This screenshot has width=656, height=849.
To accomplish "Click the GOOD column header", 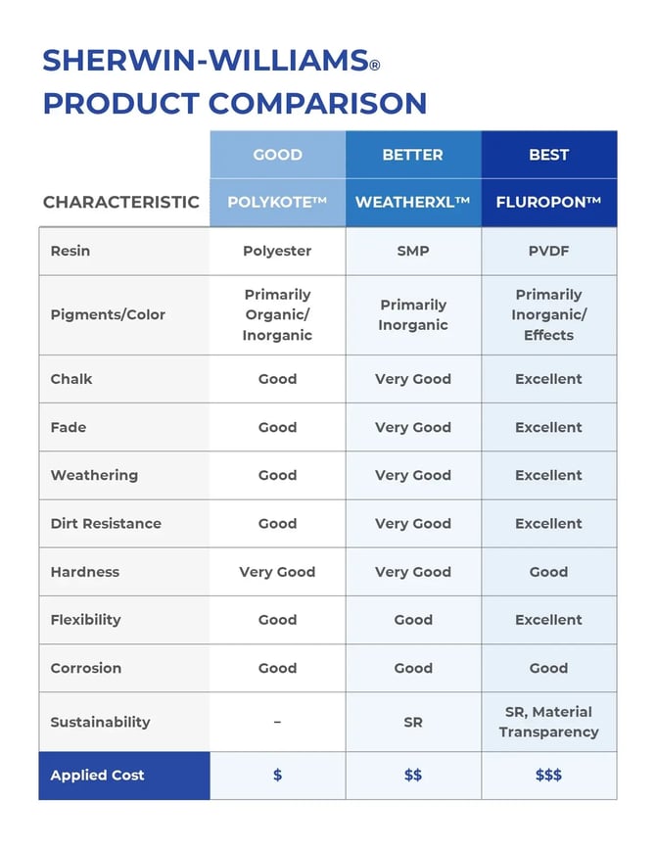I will click(277, 155).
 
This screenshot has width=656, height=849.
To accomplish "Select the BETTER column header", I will click(412, 155).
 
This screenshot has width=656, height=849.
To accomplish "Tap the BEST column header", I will click(548, 155).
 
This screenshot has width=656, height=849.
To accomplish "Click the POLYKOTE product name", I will click(277, 203).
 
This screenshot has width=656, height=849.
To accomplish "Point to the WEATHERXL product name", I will click(412, 203).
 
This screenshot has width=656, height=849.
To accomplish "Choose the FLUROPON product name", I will click(548, 203).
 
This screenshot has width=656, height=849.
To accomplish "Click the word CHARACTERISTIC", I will click(121, 203).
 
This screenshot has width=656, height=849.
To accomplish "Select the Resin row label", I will click(70, 251).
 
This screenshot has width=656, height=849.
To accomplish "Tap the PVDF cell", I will click(548, 251).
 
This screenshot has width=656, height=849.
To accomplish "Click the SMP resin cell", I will click(413, 251).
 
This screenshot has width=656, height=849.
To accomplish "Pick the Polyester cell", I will click(277, 251).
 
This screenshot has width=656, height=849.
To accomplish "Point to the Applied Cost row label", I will click(98, 776).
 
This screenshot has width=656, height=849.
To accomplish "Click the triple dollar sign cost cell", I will click(548, 776).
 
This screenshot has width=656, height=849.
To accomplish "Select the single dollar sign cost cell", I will click(277, 776).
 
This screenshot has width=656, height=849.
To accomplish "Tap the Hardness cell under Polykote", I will click(277, 572).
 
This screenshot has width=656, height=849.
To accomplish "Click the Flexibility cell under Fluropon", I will click(548, 620).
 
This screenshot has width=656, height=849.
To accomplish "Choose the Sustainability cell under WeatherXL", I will click(413, 722).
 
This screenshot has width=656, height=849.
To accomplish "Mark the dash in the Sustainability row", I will click(277, 722).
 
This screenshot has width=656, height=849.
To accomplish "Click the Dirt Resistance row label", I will click(106, 524).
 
